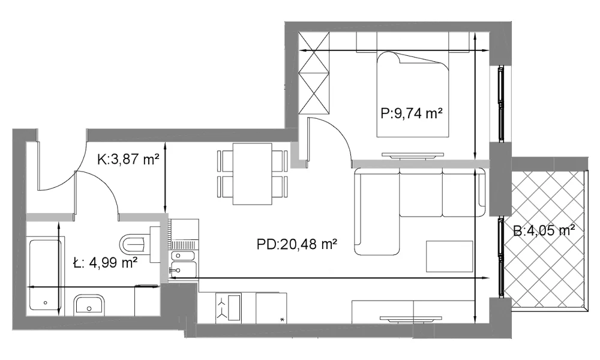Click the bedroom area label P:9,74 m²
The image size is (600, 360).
(412, 113)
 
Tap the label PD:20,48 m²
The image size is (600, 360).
(296, 244)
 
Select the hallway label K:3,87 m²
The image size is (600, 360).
(128, 159)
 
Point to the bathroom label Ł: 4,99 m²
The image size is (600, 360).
(105, 262)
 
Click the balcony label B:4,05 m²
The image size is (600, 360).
(544, 230)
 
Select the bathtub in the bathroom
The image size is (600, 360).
(46, 275)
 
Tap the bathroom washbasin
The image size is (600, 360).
(89, 305)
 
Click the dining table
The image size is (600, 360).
(252, 174)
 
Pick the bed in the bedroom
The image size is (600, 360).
(413, 94)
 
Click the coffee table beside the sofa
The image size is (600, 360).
(449, 256)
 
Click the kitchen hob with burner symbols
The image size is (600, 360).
(229, 308)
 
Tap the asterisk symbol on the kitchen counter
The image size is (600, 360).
(283, 319)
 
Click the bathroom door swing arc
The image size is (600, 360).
(101, 188)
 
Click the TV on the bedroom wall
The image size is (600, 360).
(413, 155)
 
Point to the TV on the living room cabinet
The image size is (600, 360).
(410, 318)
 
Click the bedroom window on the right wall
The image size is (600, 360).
(500, 104)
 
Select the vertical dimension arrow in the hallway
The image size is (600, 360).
(165, 178)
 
